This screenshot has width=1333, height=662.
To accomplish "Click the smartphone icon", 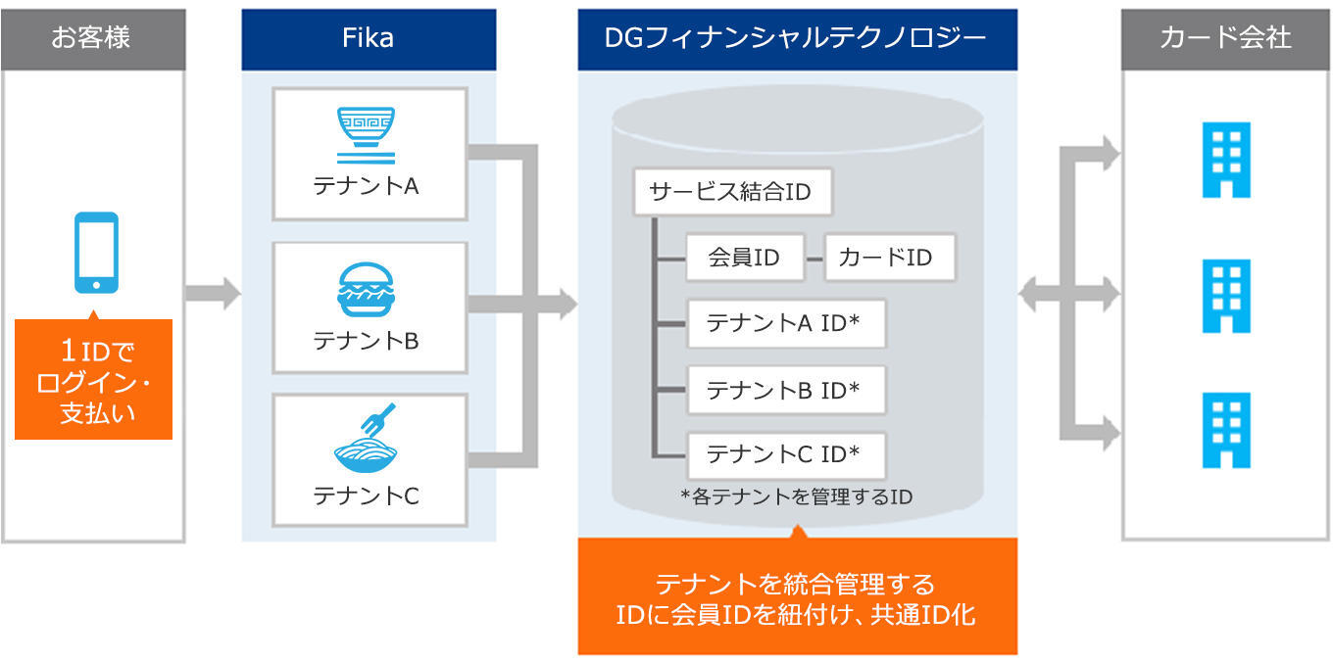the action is [x=96, y=253].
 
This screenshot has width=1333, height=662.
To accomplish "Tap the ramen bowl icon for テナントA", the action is [x=366, y=135].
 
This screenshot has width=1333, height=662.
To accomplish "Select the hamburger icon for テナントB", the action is [x=366, y=290].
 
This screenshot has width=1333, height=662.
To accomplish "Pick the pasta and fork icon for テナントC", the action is [x=366, y=439].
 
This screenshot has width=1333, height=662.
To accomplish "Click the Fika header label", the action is [x=368, y=38].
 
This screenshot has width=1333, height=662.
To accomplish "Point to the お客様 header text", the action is [x=91, y=37].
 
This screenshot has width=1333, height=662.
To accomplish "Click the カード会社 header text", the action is [x=1225, y=37].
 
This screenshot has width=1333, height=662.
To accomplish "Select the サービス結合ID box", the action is [x=733, y=192].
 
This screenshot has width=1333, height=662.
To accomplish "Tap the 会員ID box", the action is [x=745, y=258].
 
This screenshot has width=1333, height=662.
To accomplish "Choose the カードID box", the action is [x=890, y=258].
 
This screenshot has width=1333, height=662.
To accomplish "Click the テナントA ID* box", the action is [x=787, y=323].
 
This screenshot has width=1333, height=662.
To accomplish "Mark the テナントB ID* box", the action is [x=787, y=390].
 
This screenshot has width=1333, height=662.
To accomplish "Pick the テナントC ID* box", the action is [x=787, y=455].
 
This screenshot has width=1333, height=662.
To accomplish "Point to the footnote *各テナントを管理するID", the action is [x=796, y=496].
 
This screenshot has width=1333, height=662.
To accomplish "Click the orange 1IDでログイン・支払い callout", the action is [x=93, y=380].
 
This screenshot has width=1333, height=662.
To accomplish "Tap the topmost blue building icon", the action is [x=1226, y=160].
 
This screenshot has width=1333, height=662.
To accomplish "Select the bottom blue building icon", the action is [x=1226, y=430].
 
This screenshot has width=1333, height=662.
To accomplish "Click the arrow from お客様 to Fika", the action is [x=213, y=293].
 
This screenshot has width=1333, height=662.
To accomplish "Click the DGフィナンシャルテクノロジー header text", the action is [x=796, y=38].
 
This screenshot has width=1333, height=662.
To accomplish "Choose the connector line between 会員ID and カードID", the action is [x=815, y=260].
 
